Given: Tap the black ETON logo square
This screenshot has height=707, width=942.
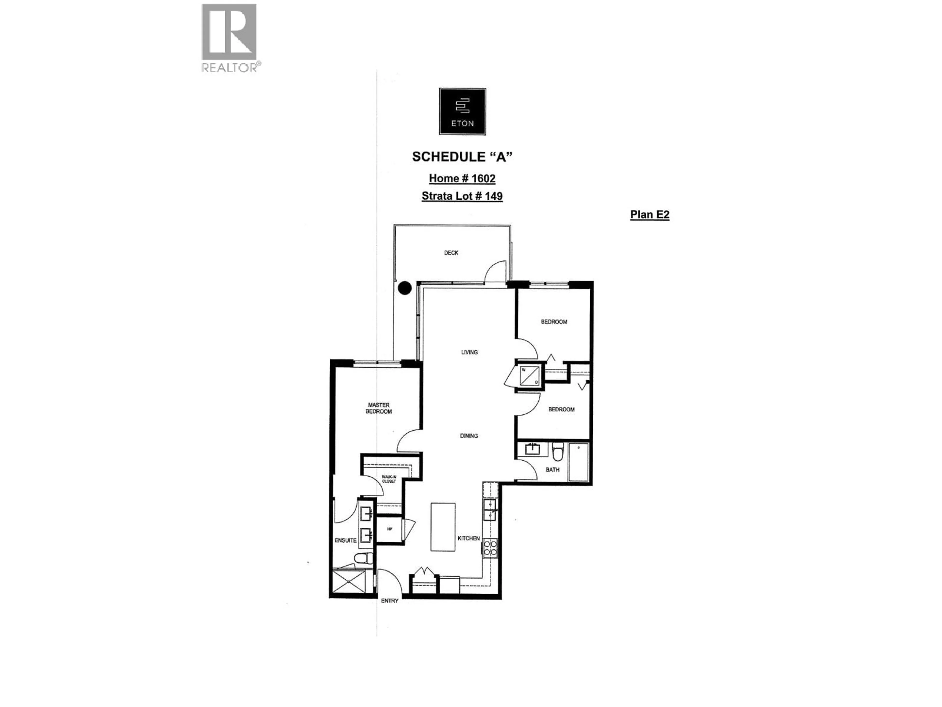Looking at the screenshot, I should click(x=462, y=112).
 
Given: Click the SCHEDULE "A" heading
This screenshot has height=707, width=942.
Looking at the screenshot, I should click(x=462, y=157).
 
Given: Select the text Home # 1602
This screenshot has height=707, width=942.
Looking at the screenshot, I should click(x=462, y=178).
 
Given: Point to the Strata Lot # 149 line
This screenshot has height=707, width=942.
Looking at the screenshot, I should click(x=462, y=196).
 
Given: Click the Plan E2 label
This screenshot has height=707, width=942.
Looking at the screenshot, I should click(x=649, y=214).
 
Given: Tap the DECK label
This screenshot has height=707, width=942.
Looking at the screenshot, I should click(x=451, y=253).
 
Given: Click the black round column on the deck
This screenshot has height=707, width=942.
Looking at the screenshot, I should click(x=405, y=288).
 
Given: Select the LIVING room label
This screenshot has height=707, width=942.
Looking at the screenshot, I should click(x=469, y=352).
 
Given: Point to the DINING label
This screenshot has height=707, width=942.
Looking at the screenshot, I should click(x=469, y=435).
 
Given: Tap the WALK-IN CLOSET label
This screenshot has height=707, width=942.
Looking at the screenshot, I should click(x=389, y=479).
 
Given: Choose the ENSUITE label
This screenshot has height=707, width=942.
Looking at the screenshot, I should click(x=345, y=540).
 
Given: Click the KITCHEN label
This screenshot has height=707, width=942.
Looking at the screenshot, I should click(x=469, y=538).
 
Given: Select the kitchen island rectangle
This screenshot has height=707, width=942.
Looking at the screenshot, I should click(x=443, y=527).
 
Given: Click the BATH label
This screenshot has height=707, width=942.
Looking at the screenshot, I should click(x=552, y=470).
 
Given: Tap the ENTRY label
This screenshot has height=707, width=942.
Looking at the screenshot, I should click(x=390, y=600).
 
